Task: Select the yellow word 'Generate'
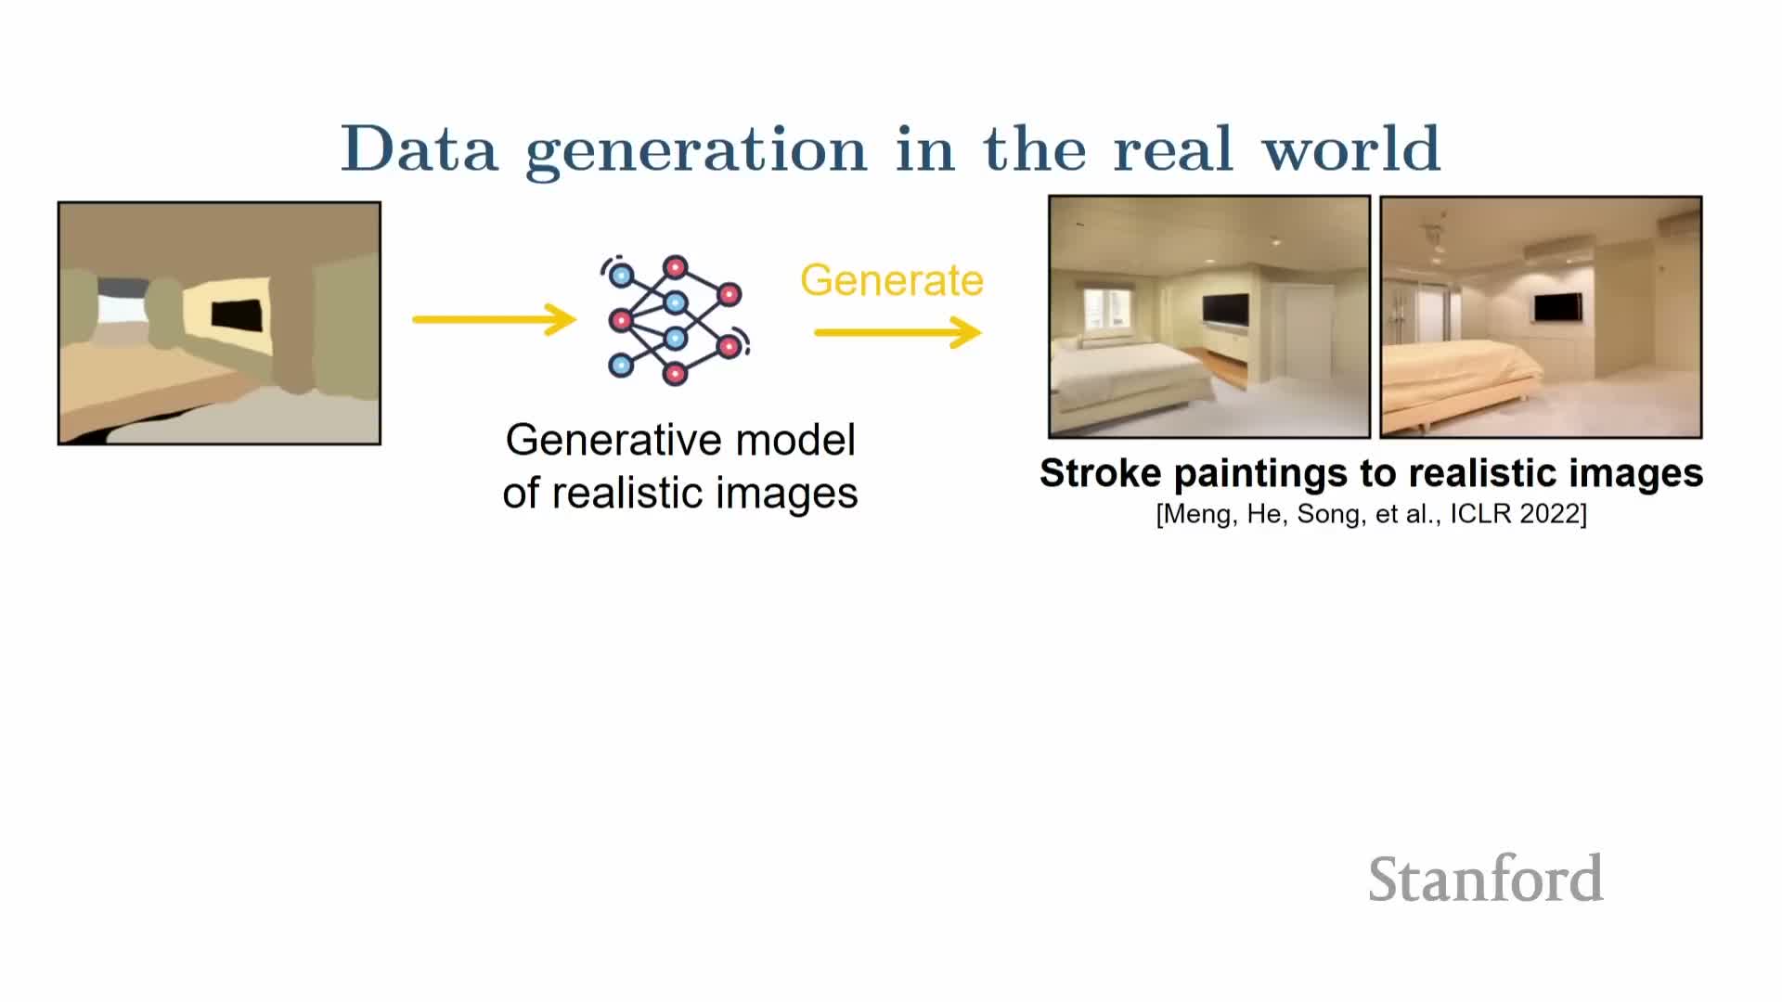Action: (x=892, y=280)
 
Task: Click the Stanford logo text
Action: (x=1486, y=879)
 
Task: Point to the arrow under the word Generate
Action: (x=897, y=332)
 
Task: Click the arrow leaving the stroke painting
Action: (x=495, y=319)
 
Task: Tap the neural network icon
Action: (x=676, y=319)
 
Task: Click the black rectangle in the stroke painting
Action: (x=236, y=316)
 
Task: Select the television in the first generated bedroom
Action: (x=1225, y=310)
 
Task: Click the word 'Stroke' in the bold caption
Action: (x=1100, y=473)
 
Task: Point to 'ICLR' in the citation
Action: (x=1481, y=514)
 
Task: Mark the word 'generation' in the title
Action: (x=696, y=151)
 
